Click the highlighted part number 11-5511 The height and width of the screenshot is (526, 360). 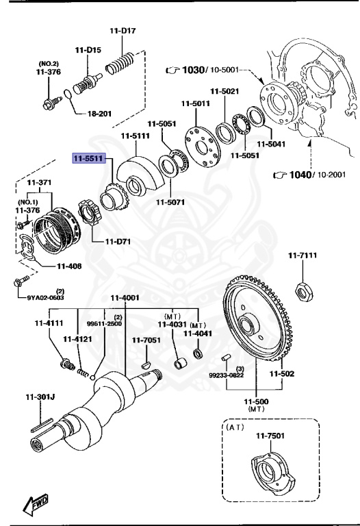pos(88,158)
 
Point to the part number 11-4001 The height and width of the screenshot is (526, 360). pos(125,297)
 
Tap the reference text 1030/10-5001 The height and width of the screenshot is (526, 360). pos(203,70)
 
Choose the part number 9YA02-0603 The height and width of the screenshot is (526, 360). pos(46,297)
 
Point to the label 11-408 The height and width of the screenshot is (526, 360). pos(69,266)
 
